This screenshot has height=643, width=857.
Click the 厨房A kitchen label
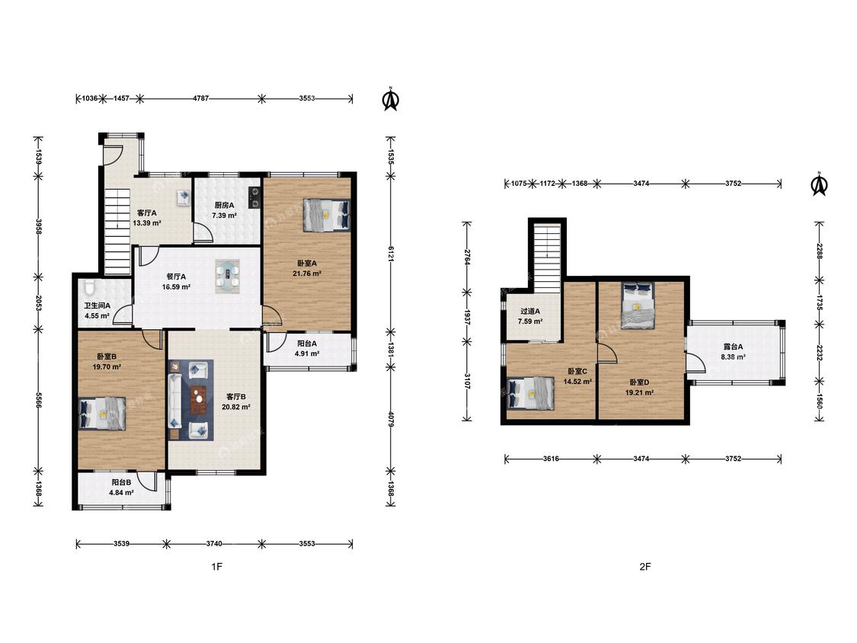(224, 205)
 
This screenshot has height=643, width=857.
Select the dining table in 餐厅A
(227, 276)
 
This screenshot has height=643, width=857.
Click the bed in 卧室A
(326, 214)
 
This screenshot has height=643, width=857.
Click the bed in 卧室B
(102, 413)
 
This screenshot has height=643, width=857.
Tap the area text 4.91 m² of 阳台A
(307, 353)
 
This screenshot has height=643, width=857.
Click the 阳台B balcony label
(121, 482)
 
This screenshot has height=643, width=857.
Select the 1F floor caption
(217, 567)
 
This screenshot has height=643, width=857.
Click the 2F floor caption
(645, 567)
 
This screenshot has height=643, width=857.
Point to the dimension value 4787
(200, 98)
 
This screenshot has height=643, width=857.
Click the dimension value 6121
(390, 254)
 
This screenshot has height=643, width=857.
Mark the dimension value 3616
(551, 459)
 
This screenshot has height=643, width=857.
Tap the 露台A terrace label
(733, 347)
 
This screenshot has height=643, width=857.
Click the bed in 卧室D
(638, 306)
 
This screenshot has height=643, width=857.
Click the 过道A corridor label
(530, 311)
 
